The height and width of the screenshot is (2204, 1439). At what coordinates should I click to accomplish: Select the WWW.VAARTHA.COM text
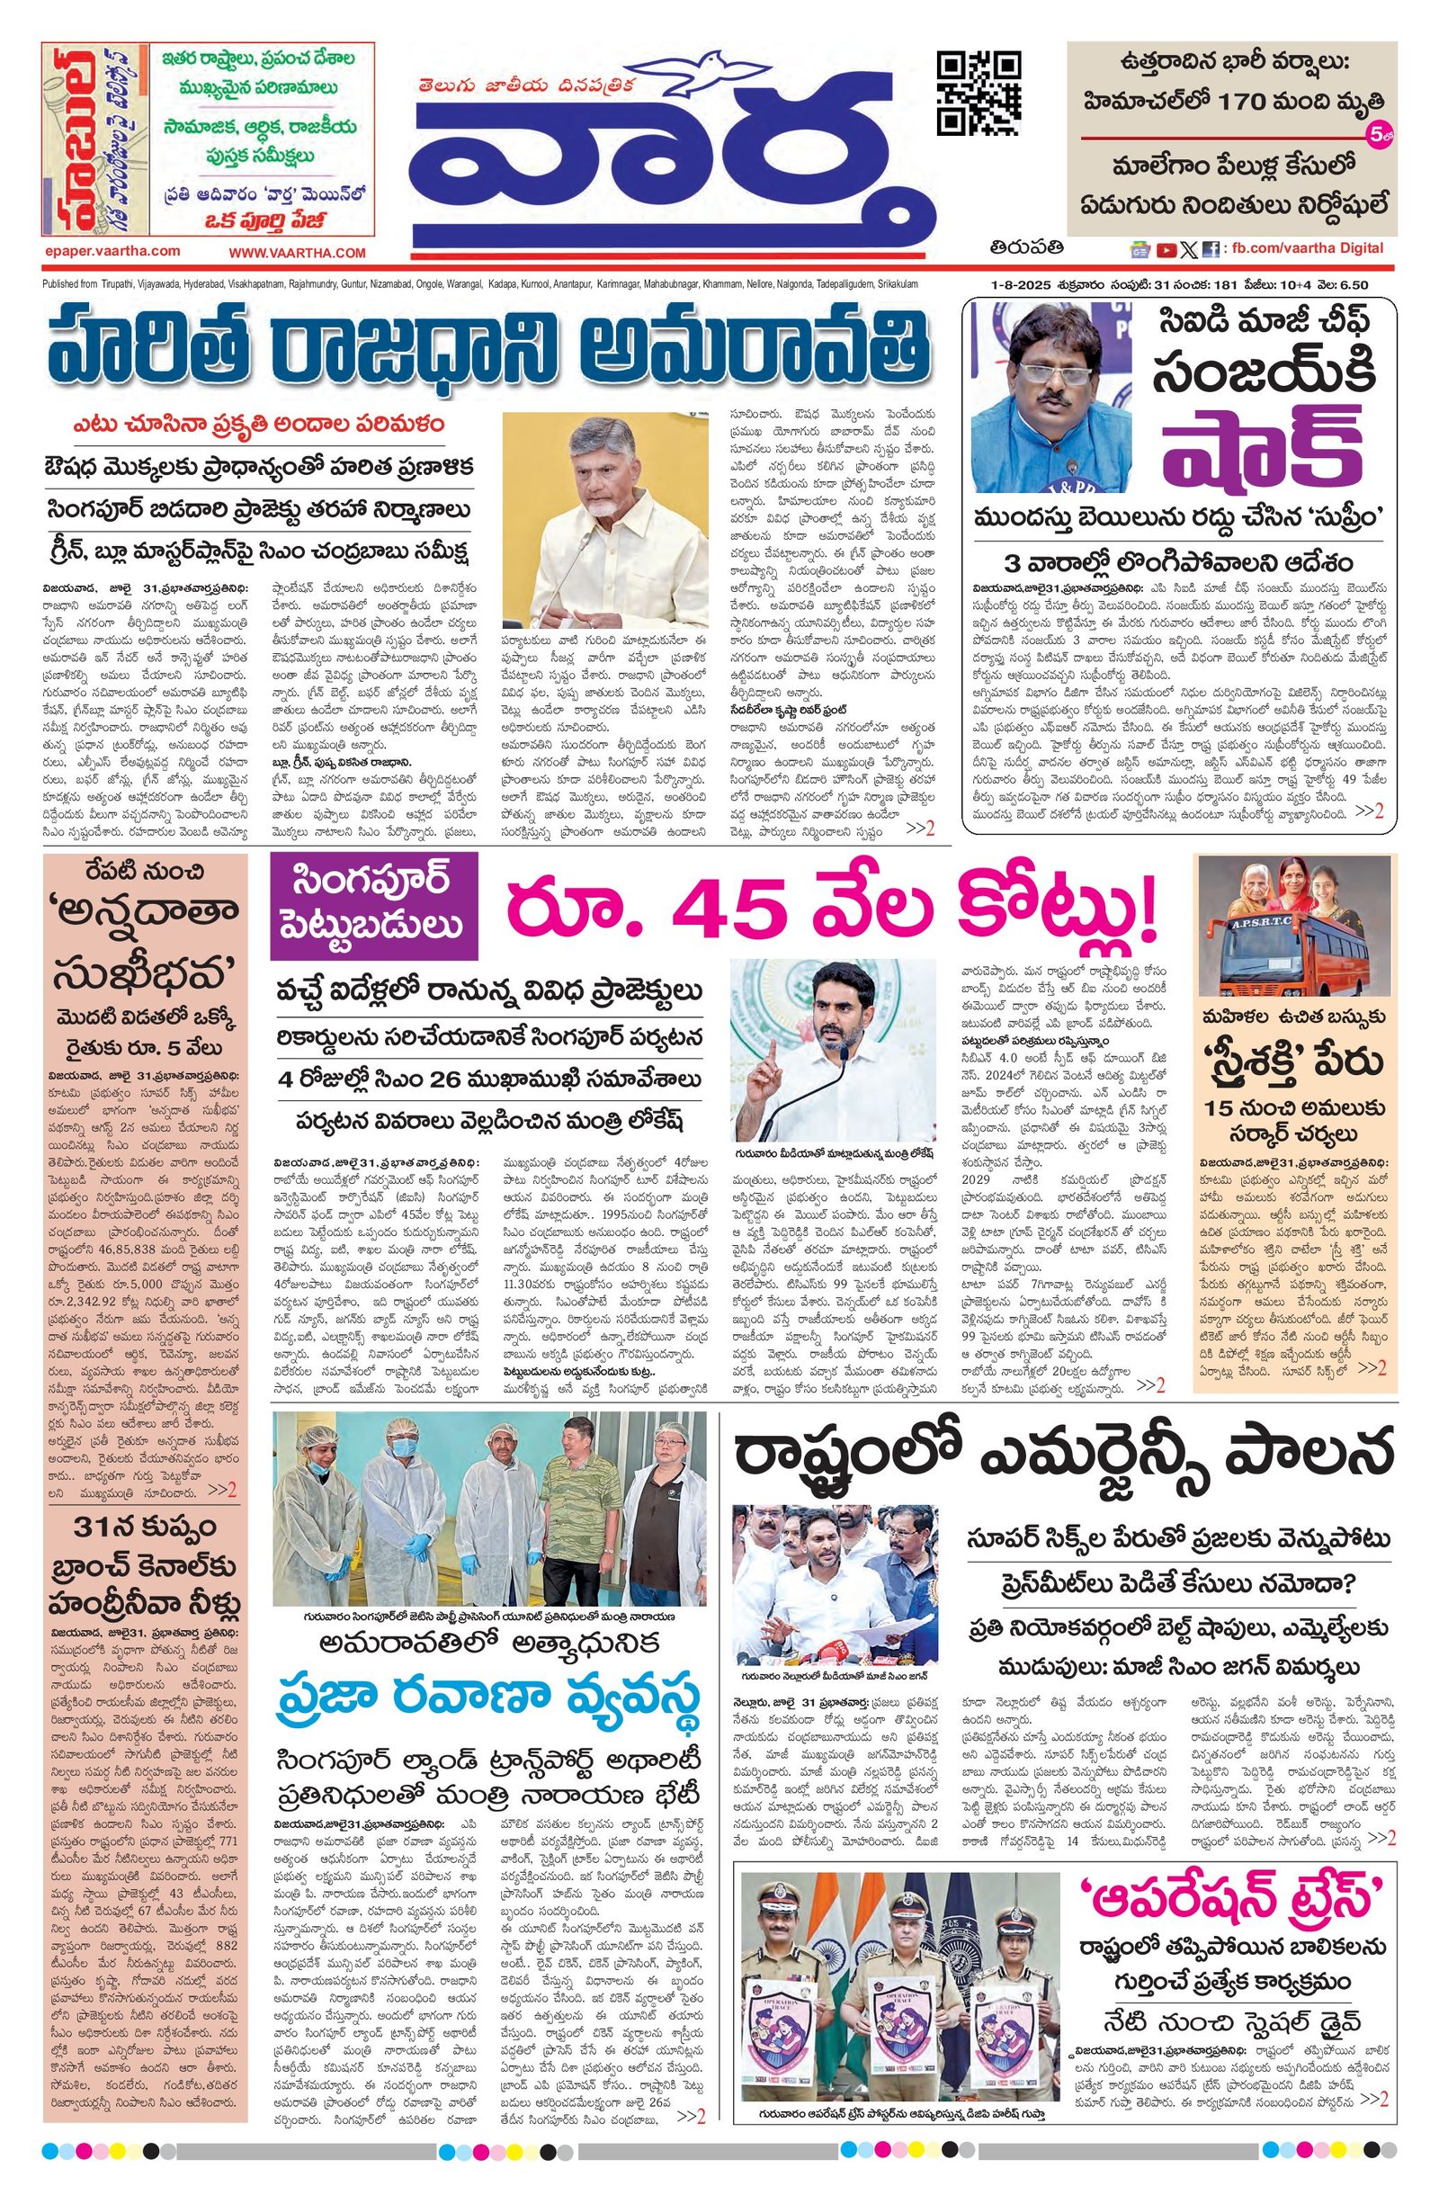[x=298, y=253]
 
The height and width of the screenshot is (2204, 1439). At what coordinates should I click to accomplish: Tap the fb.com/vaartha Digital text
[x=1307, y=248]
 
